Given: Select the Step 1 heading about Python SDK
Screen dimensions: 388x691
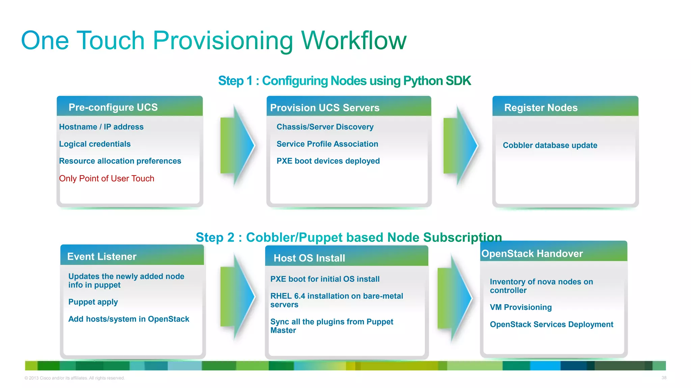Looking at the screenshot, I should [344, 81].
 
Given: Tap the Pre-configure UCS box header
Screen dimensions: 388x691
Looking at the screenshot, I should [113, 107].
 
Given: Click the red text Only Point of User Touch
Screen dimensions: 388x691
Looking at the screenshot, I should [107, 179].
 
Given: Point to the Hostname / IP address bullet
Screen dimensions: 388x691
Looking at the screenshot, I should [101, 127].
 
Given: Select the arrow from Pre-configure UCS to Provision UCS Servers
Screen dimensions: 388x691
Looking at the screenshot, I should [237, 145].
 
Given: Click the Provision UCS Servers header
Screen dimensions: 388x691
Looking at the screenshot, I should [325, 108].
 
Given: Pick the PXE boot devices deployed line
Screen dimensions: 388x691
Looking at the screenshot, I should [328, 161].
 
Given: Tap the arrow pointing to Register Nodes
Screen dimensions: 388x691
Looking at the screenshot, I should [460, 145].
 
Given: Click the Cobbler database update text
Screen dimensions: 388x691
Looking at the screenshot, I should [550, 145].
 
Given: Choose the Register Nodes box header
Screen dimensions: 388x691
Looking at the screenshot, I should [541, 108].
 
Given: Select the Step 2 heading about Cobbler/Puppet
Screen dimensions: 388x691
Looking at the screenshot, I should [349, 237].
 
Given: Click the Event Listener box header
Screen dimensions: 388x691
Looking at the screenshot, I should [102, 257].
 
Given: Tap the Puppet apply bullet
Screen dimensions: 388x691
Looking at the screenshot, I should [93, 302].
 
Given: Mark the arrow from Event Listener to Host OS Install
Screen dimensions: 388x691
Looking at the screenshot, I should [237, 296].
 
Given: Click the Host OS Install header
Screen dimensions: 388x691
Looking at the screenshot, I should [309, 258].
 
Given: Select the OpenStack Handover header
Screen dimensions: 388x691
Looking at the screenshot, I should [532, 254].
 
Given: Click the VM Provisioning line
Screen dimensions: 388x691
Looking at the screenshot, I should [521, 308].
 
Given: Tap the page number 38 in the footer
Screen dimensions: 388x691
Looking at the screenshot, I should [664, 378].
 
